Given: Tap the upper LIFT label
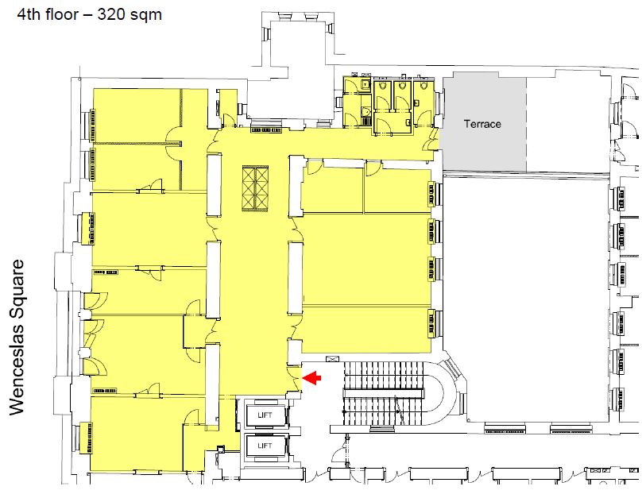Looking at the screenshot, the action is click(x=265, y=415).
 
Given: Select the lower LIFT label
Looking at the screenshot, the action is click(x=265, y=446).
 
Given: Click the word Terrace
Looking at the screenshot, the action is click(x=482, y=124).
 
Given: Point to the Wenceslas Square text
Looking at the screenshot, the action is click(x=17, y=338).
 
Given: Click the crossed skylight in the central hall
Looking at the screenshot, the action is click(x=255, y=188).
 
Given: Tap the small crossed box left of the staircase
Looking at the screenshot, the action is click(x=332, y=359).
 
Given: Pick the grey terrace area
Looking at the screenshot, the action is click(x=485, y=123).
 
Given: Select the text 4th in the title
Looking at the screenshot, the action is click(x=29, y=14).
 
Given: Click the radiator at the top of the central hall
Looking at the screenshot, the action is click(x=266, y=129).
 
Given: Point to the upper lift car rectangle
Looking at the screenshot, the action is click(x=265, y=415).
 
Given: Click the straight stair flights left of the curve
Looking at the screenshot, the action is click(x=384, y=393).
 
